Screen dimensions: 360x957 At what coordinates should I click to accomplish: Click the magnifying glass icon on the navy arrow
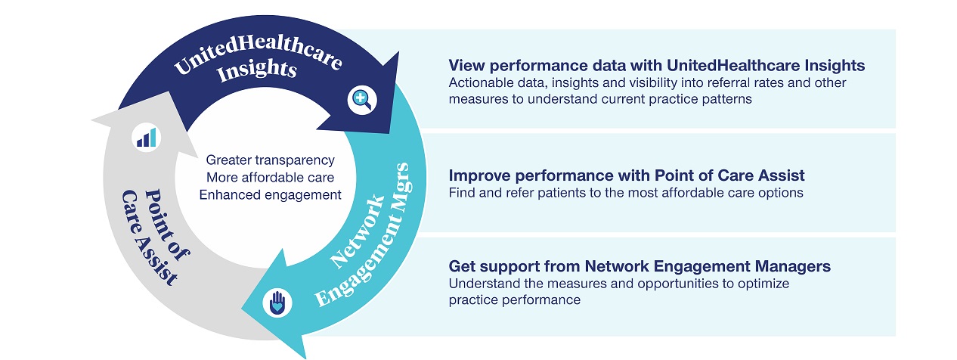coord(359,99)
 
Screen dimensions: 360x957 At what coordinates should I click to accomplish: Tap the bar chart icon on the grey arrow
coord(147,137)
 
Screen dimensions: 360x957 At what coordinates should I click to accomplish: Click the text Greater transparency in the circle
coord(270,160)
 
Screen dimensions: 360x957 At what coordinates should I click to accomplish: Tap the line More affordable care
coord(270,178)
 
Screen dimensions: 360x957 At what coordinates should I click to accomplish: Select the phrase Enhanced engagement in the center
coord(270,194)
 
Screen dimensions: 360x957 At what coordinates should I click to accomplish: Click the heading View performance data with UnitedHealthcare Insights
coord(656,65)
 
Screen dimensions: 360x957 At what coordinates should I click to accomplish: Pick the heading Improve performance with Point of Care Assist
coord(626,175)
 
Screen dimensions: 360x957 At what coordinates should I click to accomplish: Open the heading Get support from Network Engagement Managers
coord(640,266)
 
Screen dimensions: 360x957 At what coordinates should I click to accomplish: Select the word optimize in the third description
coord(744,284)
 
